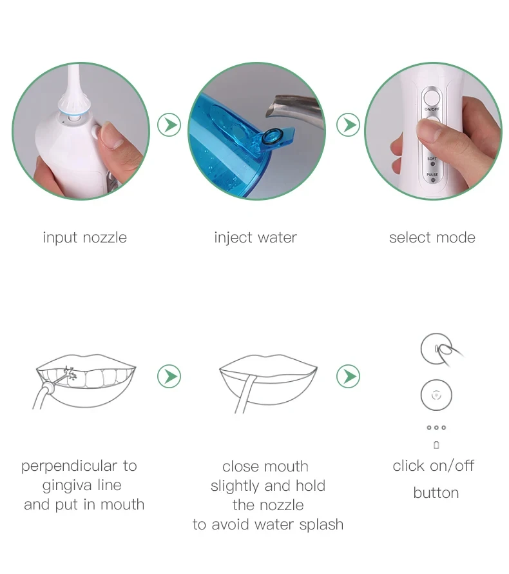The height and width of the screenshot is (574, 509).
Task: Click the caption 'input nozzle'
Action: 84,237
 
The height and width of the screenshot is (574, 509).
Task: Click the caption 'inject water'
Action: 255,237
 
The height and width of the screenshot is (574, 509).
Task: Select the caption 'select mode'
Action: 432,237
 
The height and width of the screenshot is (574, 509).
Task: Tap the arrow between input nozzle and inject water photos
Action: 169,124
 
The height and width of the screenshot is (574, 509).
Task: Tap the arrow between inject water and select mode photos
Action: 349,124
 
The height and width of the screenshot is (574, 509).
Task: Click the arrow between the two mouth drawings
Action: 169,376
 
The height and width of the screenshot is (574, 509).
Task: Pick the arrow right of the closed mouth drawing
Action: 349,376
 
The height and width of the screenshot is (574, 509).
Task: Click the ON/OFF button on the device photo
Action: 432,99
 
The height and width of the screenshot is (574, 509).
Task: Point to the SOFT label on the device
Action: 432,159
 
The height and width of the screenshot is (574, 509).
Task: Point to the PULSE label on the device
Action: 432,174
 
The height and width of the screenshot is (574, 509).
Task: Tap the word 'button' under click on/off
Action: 436,493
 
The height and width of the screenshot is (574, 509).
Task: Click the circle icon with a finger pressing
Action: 436,350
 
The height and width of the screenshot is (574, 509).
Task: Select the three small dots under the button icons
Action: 436,428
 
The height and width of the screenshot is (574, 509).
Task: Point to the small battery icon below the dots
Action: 436,445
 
